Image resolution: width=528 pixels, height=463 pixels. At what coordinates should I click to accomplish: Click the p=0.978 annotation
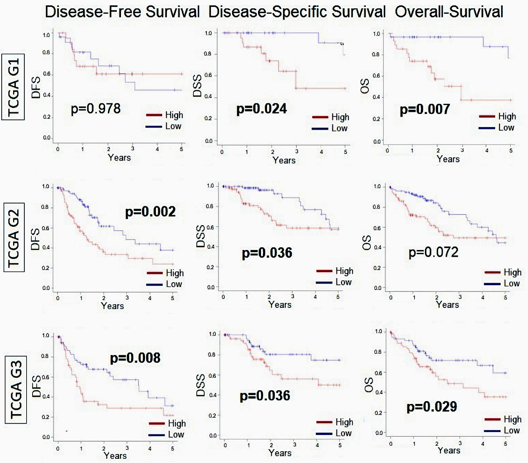[x=96, y=109]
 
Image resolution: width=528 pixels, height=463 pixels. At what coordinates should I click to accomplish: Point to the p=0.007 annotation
[x=425, y=109]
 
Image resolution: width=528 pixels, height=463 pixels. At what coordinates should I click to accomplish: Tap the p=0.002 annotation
[x=150, y=212]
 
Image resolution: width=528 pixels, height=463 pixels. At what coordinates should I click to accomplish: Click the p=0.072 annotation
[x=433, y=252]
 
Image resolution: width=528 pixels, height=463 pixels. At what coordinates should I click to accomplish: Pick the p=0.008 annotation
[x=135, y=358]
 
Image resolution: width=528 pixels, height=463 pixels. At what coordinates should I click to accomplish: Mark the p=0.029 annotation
[x=431, y=407]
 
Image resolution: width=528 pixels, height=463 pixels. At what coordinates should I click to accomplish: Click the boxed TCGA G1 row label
[x=13, y=87]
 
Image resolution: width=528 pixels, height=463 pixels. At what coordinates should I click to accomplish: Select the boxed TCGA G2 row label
[x=14, y=237]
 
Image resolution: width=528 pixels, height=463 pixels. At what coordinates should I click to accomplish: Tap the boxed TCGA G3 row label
[x=16, y=389]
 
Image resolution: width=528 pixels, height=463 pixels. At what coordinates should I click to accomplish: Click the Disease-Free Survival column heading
[x=122, y=12]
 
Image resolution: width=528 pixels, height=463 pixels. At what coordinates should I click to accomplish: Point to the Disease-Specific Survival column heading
[x=297, y=12]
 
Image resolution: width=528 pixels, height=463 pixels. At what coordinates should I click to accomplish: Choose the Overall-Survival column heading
[x=449, y=12]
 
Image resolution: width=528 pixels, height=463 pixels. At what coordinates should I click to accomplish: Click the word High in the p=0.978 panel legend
[x=174, y=115]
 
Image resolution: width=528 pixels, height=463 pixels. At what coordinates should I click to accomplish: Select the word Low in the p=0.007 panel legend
[x=506, y=128]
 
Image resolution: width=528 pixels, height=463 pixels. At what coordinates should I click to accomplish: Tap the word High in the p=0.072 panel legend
[x=513, y=272]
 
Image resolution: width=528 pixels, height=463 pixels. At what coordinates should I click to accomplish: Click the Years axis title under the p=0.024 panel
[x=284, y=160]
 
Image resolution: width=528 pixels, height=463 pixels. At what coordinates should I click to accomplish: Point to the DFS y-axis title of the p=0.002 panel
[x=36, y=239]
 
